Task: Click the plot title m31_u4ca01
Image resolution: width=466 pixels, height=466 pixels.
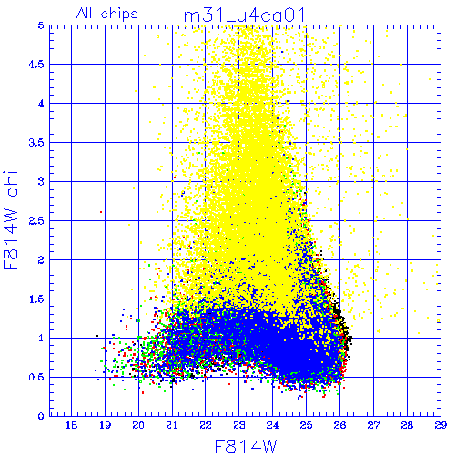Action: tap(244, 15)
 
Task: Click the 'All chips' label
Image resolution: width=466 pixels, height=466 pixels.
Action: tap(107, 14)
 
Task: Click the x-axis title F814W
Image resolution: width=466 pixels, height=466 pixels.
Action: tap(246, 447)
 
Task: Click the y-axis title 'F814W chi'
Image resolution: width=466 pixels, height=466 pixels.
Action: tap(11, 220)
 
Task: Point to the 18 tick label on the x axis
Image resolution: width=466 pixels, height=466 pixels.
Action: tap(71, 425)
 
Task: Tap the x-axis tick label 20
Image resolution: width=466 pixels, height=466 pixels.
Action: tap(138, 425)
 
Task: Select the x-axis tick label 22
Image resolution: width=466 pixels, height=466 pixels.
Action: tap(206, 425)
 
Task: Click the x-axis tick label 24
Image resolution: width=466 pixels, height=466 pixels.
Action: tap(272, 425)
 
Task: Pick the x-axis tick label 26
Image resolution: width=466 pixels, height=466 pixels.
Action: tap(339, 425)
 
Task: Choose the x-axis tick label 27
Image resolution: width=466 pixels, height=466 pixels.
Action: tap(373, 425)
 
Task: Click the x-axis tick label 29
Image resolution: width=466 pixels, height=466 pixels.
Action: tap(441, 425)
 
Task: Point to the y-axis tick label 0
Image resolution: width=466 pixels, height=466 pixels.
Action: tap(41, 416)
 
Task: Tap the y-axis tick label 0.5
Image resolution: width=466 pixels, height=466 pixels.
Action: tap(36, 377)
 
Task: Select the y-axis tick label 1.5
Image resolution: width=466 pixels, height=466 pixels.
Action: tap(36, 299)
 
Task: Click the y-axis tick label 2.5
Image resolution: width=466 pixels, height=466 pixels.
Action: tap(36, 221)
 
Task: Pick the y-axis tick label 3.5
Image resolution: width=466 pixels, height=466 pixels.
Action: tap(36, 143)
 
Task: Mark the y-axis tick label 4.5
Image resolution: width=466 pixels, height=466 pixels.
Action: tap(36, 65)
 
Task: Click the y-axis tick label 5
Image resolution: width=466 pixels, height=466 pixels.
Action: tap(41, 25)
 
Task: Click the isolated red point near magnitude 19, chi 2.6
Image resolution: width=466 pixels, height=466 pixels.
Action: tap(101, 212)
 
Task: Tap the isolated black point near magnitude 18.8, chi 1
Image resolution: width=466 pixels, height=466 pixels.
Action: tap(97, 336)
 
